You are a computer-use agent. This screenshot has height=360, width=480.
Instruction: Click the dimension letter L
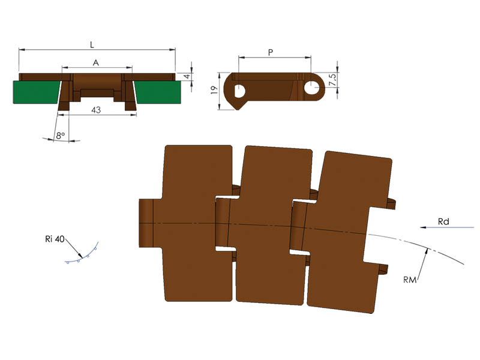coord(92,45)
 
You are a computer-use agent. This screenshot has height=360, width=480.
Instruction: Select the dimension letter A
coord(96,63)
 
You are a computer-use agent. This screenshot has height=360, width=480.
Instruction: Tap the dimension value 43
coord(96,110)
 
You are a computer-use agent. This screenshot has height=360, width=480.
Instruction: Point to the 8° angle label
coord(61,135)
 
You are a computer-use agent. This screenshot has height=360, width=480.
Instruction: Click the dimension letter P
coord(271,52)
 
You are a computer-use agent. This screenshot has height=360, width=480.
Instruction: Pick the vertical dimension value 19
coord(214,90)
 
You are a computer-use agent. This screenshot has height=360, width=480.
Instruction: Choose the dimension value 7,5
coord(332,80)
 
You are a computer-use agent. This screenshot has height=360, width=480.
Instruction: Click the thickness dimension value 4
coord(187,76)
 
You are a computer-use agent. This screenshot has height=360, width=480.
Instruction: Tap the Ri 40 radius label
coord(55,239)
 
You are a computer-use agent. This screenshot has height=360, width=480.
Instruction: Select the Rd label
coord(443,221)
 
